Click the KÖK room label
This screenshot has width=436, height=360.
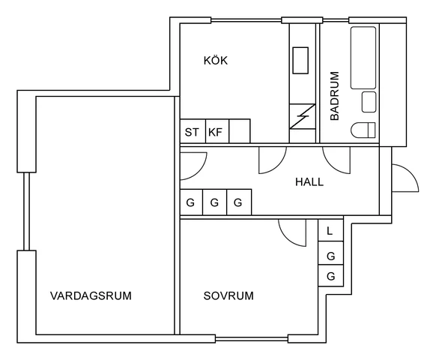(x=216, y=61)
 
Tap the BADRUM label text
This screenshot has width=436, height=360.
(x=335, y=96)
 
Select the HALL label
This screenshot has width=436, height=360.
(x=309, y=181)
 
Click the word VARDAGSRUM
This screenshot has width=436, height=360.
(x=91, y=295)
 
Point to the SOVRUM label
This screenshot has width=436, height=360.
(x=228, y=295)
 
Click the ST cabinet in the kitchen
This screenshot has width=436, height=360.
(x=193, y=131)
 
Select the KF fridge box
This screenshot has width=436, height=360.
(x=217, y=131)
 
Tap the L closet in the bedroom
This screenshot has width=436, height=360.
(x=330, y=230)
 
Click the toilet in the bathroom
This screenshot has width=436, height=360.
(x=363, y=130)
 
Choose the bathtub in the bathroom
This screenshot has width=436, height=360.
(x=363, y=58)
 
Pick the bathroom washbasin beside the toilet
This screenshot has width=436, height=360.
(x=369, y=102)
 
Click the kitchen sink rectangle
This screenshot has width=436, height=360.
(x=300, y=61)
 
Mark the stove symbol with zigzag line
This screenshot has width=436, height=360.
(x=302, y=116)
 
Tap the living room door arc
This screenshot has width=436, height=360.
(x=199, y=172)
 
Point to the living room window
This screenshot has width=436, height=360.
(x=26, y=211)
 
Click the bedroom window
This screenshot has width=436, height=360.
(x=252, y=339)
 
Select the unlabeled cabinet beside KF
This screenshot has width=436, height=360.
(x=240, y=131)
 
